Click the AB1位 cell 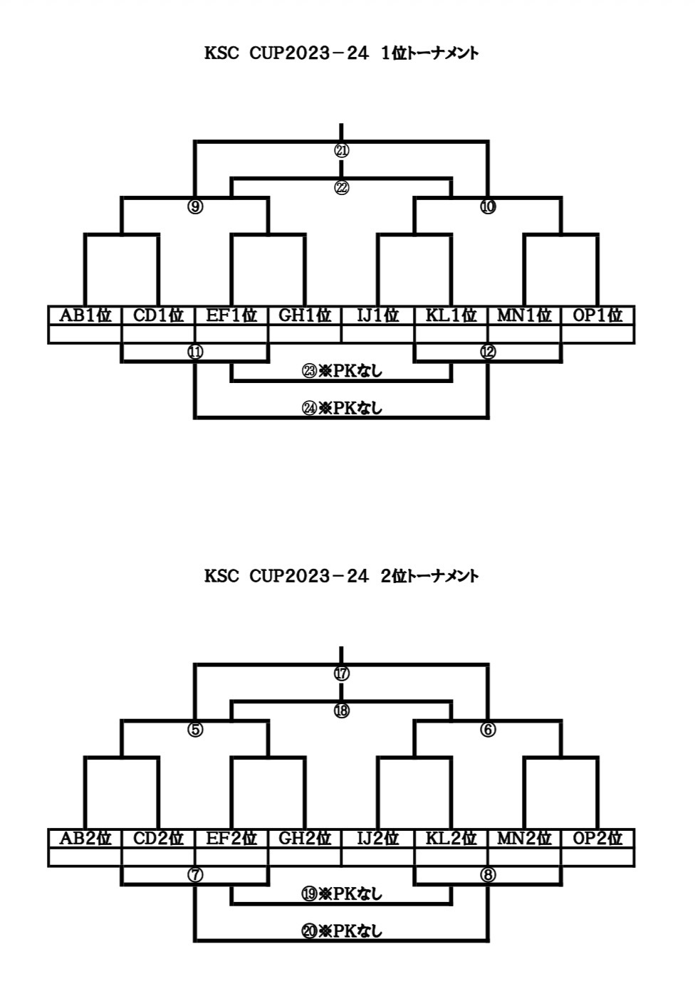click(x=85, y=315)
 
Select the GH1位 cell click(x=305, y=315)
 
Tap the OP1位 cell click(x=597, y=315)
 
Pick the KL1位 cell click(x=451, y=315)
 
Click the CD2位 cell click(x=158, y=838)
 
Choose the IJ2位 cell click(x=377, y=838)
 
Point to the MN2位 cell click(x=524, y=838)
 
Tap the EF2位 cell click(x=231, y=838)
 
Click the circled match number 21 click(x=342, y=151)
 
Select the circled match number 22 click(x=342, y=188)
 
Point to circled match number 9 click(x=195, y=207)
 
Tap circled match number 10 click(x=488, y=207)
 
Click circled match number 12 click(x=488, y=352)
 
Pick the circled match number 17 click(x=342, y=673)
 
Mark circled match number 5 click(x=195, y=730)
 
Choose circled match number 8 click(x=488, y=875)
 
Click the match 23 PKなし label click(x=342, y=371)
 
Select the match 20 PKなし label click(x=342, y=931)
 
